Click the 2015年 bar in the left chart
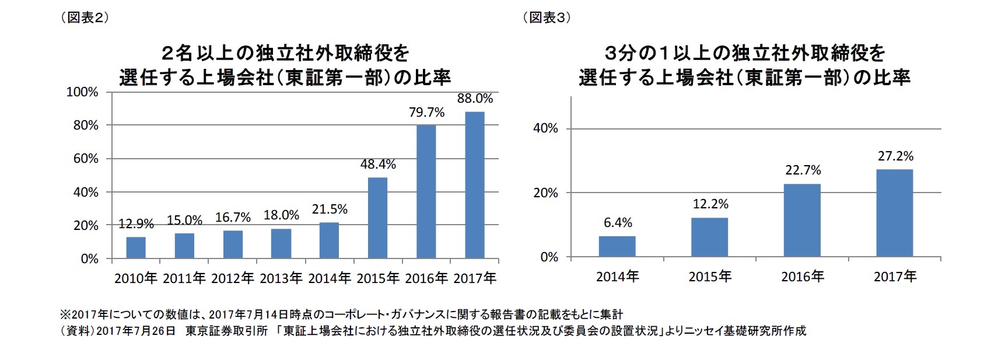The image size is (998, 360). coord(377,218)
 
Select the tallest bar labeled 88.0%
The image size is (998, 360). coord(475,184)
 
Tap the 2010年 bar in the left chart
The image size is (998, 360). coord(136,247)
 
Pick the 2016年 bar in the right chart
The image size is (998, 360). coord(802,220)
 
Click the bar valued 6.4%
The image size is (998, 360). coord(617,246)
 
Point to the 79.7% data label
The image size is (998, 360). coord(426,112)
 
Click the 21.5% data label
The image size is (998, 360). coord(330,209)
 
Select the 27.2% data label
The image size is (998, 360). coord(895,156)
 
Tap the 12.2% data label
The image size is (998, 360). coord(710,204)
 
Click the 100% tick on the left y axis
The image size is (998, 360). coord(82,92)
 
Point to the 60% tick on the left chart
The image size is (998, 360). coord(86,159)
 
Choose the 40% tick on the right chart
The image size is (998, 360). coord(545,128)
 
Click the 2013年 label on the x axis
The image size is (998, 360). coord(281,278)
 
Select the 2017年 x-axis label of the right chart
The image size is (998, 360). coord(895,276)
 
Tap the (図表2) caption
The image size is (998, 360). coord(85,18)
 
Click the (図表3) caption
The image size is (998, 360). coord(546,18)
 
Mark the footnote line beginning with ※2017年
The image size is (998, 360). coord(341,315)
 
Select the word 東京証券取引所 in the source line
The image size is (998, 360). coord(226,331)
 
